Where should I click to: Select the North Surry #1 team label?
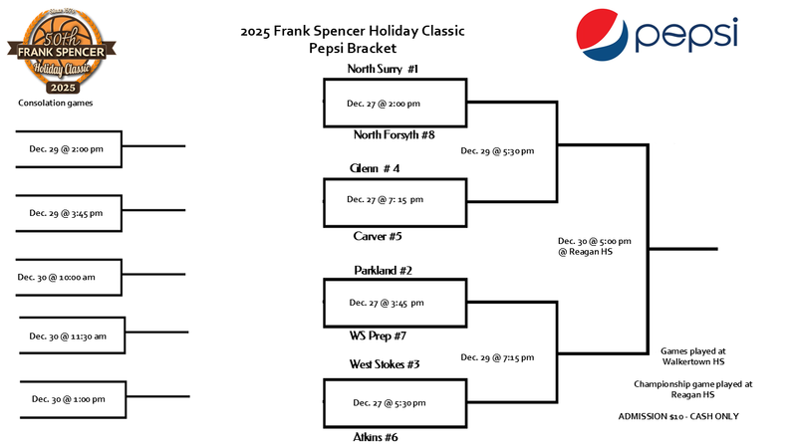(383, 69)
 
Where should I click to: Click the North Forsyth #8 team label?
(394, 134)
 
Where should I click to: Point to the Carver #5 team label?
(378, 236)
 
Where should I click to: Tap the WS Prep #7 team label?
(380, 336)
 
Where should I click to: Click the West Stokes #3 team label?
(384, 364)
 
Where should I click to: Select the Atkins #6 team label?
(377, 436)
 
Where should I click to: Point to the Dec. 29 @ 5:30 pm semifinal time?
(497, 151)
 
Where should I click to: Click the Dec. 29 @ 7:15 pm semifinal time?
(497, 356)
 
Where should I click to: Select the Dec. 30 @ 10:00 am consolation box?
(65, 277)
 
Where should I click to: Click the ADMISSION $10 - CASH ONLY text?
(693, 416)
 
